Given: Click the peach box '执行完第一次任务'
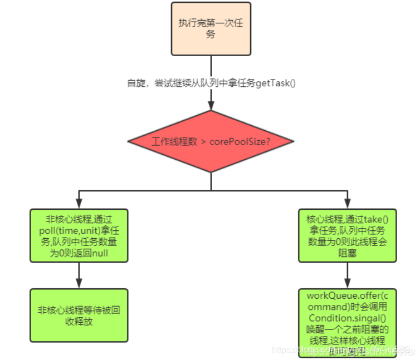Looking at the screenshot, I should point(211,28).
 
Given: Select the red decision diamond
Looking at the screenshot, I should point(211,141).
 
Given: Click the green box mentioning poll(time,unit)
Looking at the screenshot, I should point(79,235).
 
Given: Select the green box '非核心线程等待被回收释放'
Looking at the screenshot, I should point(79,315).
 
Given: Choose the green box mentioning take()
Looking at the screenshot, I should point(347,235).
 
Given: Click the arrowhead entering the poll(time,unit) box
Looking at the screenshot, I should point(79,205).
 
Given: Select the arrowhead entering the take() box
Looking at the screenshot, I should point(347,205).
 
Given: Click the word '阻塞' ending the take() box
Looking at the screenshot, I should point(347,254).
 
